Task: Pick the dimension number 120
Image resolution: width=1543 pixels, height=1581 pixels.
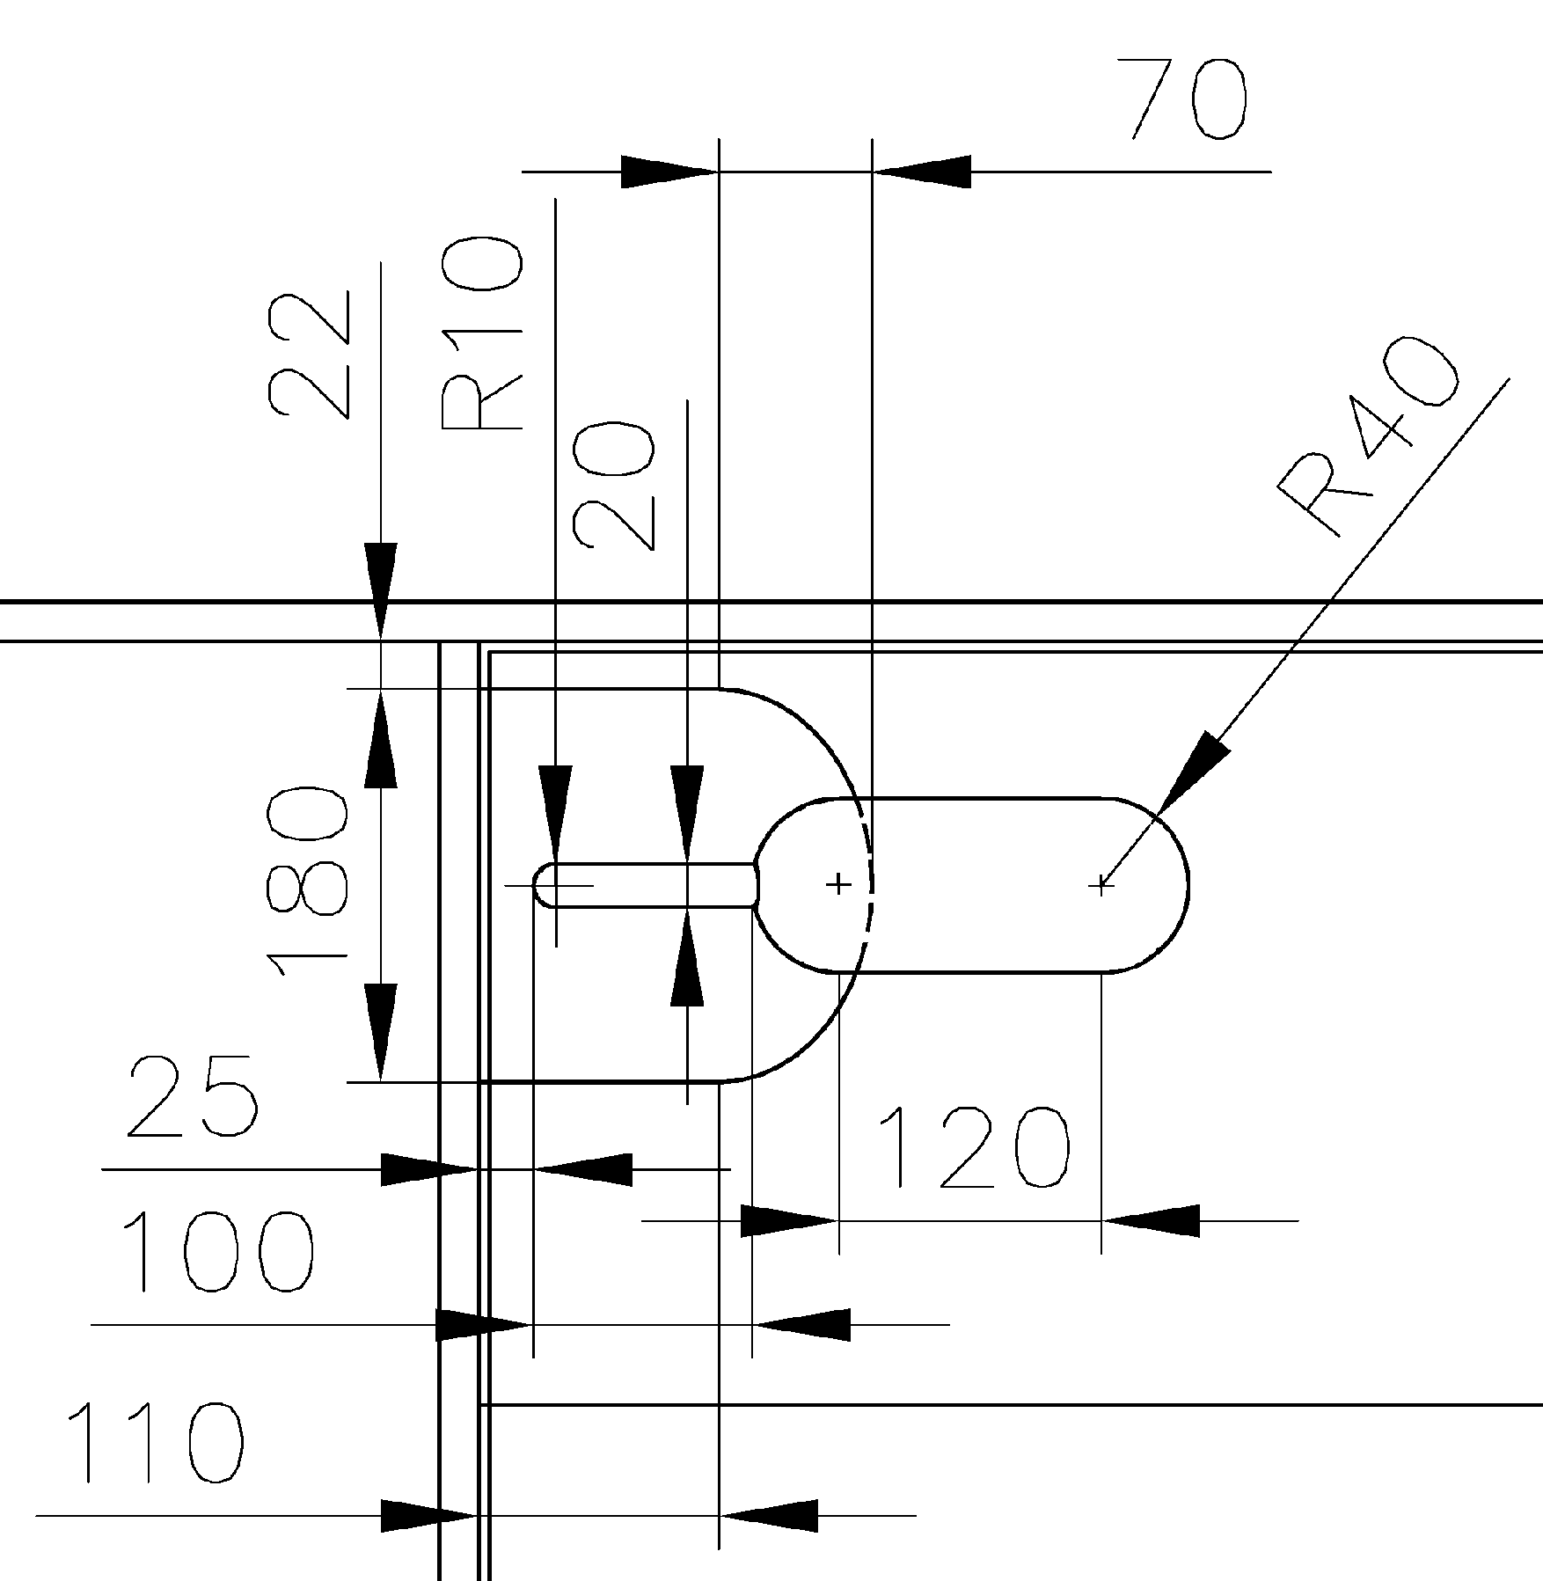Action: coord(974,1147)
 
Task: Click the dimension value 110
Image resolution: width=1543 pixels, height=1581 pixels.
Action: coord(156,1444)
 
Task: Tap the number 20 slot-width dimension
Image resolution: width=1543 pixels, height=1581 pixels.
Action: coord(613,487)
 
